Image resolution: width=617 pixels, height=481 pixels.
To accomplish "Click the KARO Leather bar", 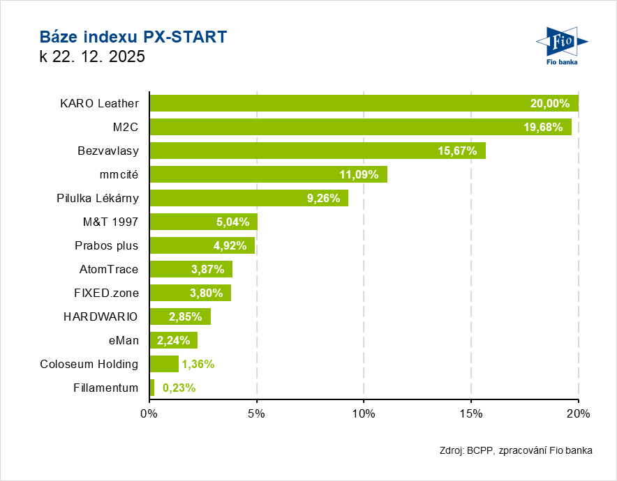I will tap(364, 103).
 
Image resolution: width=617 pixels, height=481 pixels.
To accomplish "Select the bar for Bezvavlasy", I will tap(318, 151).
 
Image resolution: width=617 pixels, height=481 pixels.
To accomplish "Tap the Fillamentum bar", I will tap(152, 388).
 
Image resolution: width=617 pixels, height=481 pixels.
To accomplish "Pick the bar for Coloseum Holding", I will tap(164, 364).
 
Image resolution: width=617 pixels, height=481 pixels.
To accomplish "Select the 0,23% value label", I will tap(179, 388).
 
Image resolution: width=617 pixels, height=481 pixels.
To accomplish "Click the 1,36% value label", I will tap(198, 364).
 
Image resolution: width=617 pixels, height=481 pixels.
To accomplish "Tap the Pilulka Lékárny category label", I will tap(98, 198).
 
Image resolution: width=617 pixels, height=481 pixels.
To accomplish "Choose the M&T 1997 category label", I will tap(110, 222).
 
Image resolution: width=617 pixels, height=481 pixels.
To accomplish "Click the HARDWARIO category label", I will tap(101, 316).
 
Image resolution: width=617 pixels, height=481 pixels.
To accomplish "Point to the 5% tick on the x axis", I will tap(257, 413).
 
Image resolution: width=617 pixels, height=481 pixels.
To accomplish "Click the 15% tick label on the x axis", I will tap(471, 413).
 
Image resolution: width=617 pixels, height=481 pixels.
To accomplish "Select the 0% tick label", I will tap(149, 413).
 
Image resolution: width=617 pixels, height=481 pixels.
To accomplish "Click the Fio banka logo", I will tap(561, 47).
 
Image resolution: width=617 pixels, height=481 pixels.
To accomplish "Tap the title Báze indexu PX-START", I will tap(133, 37).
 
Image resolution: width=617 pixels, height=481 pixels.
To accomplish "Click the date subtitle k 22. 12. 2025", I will tap(92, 57).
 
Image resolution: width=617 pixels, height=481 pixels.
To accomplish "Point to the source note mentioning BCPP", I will tap(516, 450).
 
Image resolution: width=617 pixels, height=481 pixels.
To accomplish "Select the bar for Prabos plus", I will tap(202, 245).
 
